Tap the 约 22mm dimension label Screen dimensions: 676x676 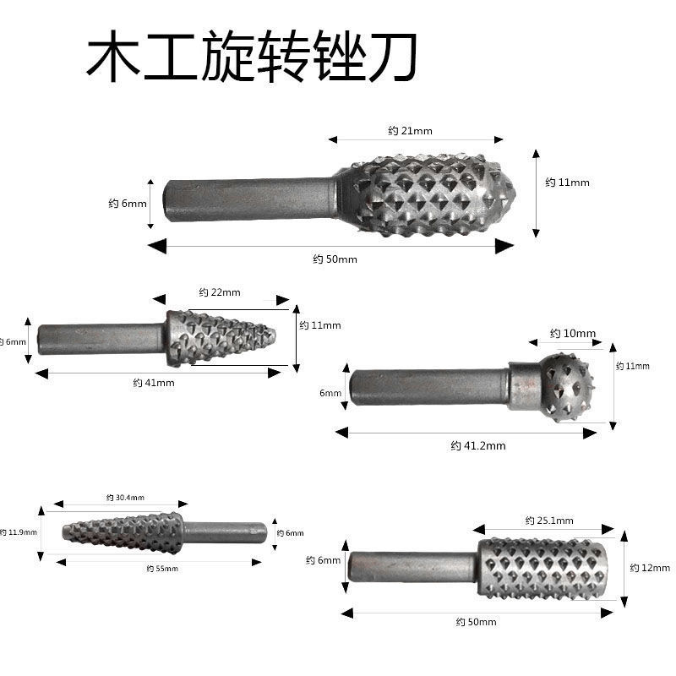click(x=220, y=292)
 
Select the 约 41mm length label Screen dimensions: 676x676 click(x=154, y=383)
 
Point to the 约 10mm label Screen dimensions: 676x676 click(x=573, y=334)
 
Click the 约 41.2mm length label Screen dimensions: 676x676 click(x=477, y=445)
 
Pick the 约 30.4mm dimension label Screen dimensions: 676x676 click(x=125, y=497)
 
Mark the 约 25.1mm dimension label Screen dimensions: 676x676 click(x=548, y=521)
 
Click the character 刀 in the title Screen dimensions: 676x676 click(x=390, y=57)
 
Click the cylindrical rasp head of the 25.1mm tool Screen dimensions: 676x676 click(x=542, y=568)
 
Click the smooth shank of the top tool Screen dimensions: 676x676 click(x=249, y=199)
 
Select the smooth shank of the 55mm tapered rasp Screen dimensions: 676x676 click(x=223, y=532)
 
